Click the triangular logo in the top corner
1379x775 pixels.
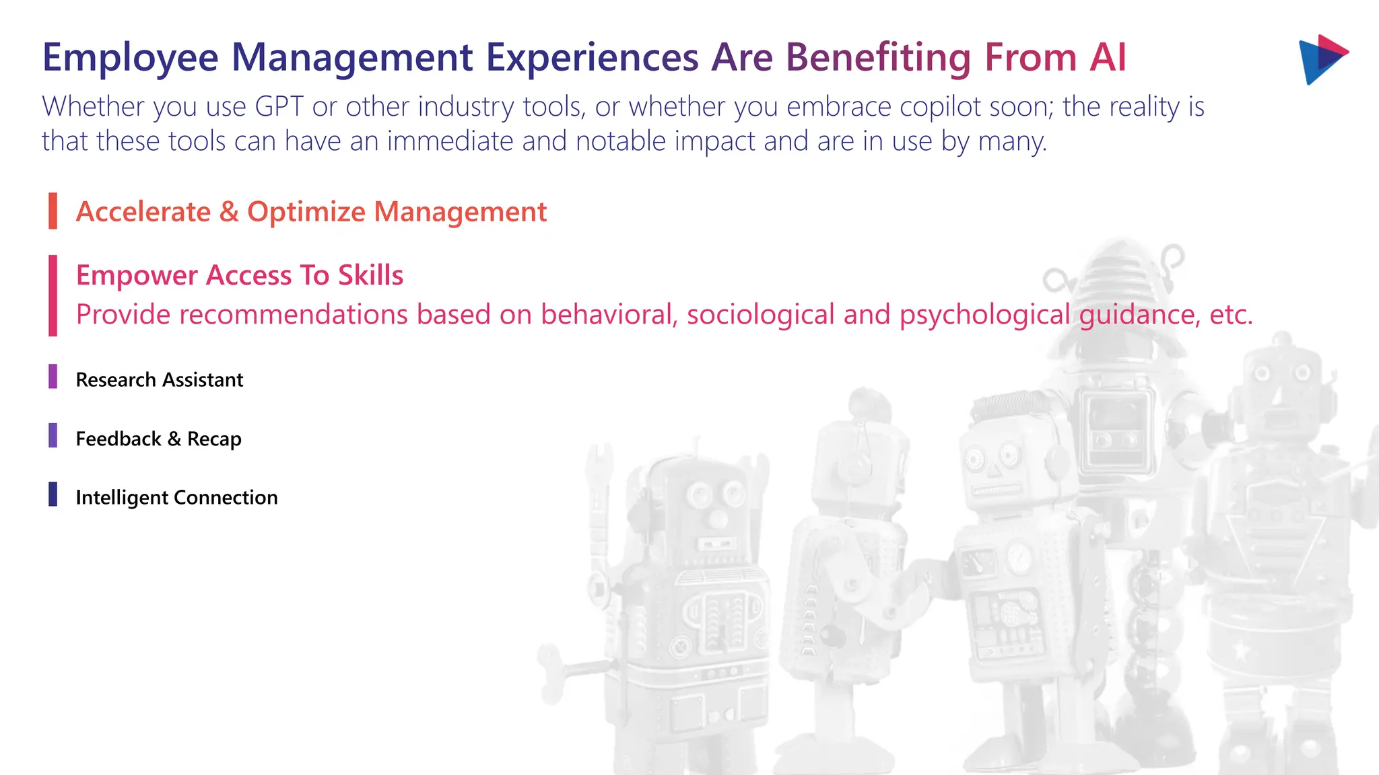1321,59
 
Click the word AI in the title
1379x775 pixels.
1108,58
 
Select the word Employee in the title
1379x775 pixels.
130,58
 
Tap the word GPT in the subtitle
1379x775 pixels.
279,107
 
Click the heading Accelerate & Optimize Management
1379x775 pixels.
311,212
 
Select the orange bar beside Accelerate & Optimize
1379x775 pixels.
53,211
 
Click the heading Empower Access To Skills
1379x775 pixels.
239,275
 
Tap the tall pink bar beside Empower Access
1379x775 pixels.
53,295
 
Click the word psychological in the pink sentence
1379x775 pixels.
984,315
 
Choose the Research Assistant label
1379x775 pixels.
159,380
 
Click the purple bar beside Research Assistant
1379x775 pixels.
53,377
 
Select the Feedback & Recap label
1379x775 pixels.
158,439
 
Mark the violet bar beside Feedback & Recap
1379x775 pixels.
53,435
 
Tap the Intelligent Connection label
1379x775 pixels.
176,498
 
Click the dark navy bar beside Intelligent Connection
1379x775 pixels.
53,494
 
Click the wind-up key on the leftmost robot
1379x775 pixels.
559,666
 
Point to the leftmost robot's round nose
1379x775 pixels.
718,519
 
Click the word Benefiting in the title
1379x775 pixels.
878,58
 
